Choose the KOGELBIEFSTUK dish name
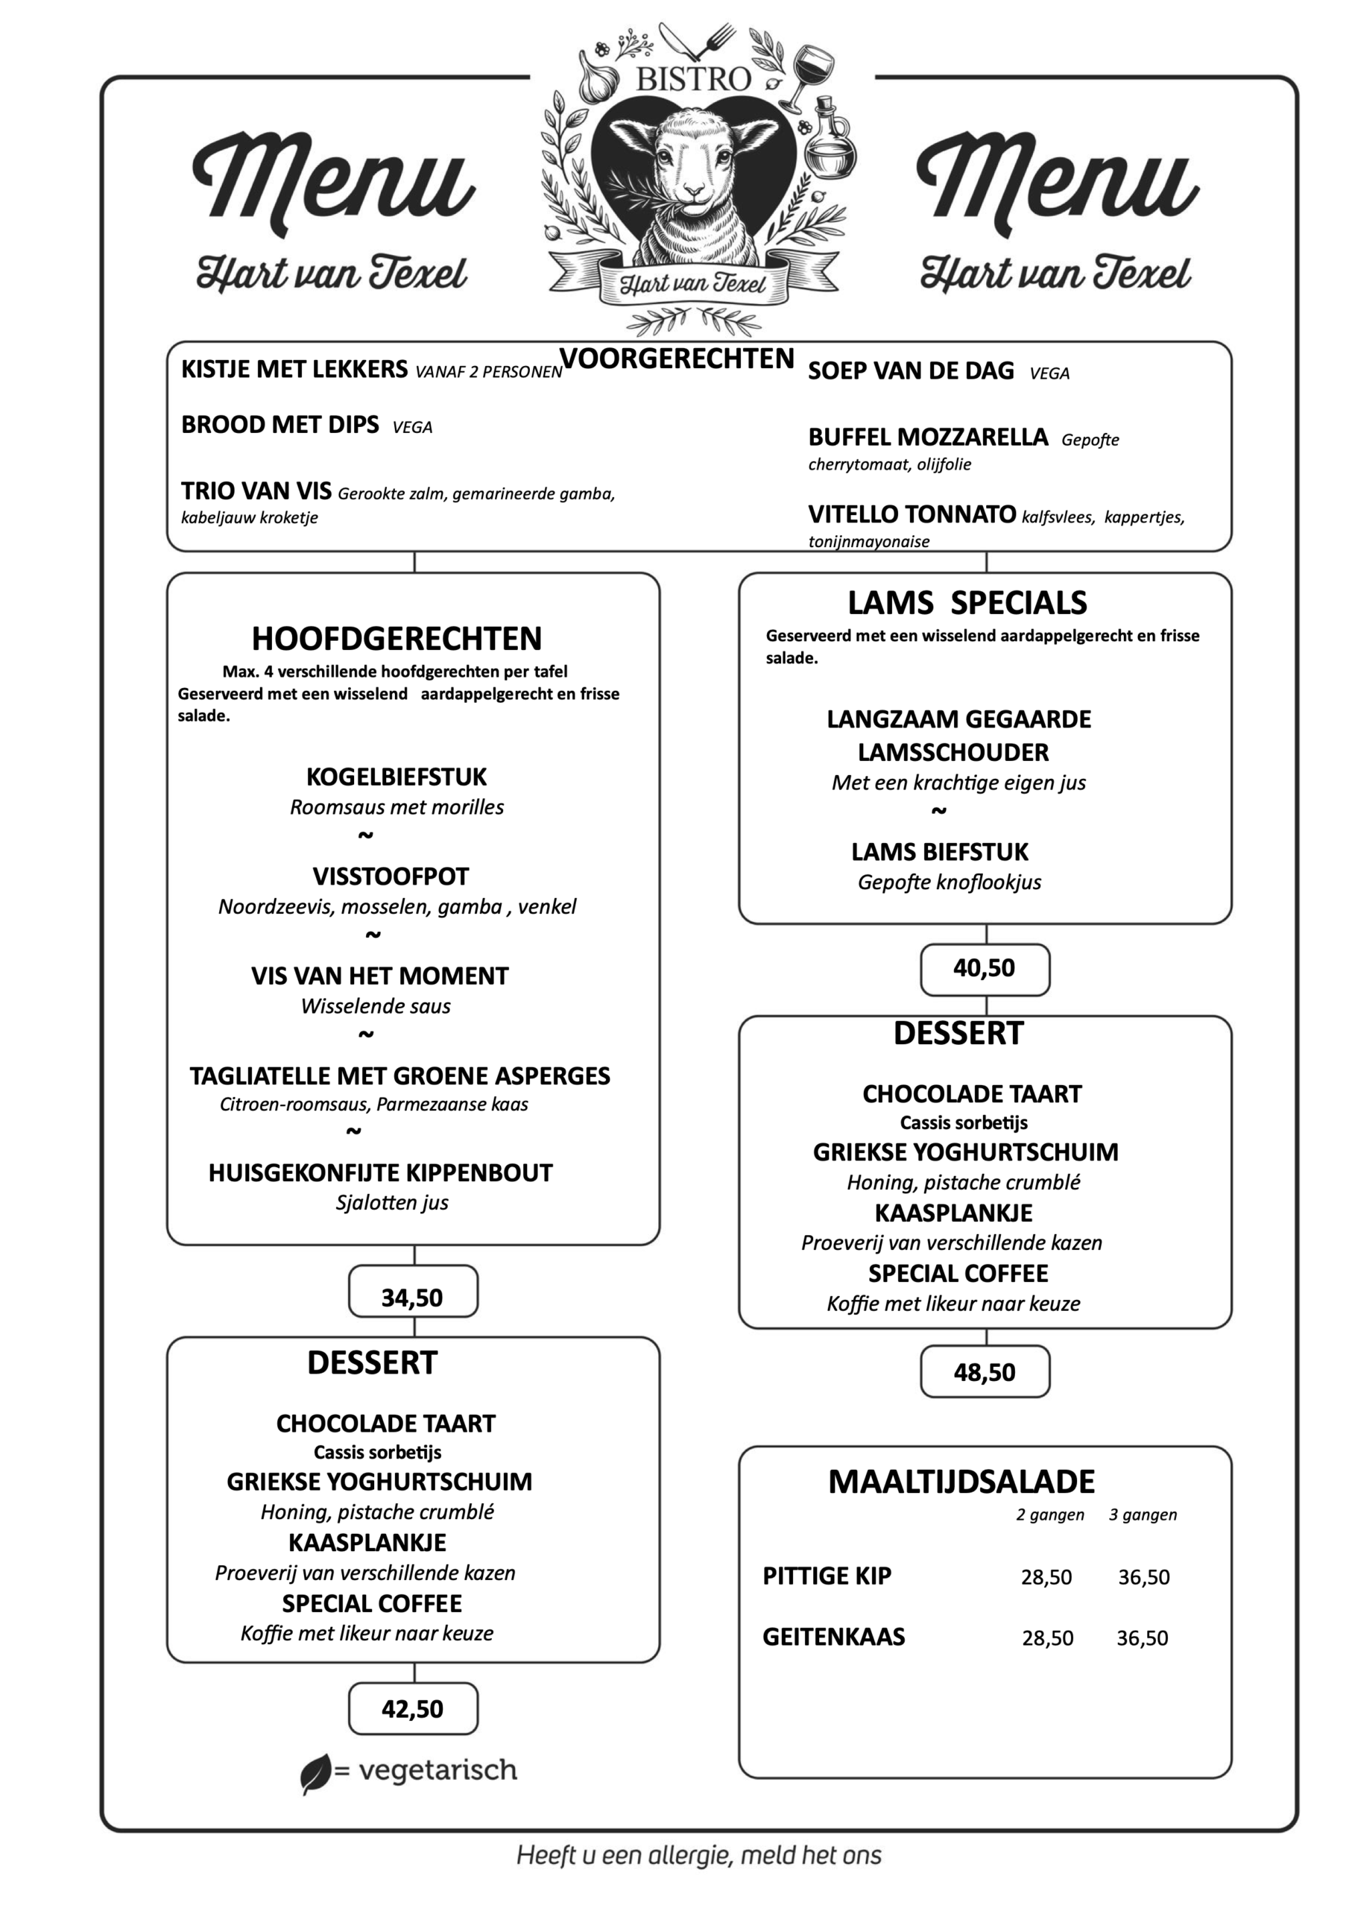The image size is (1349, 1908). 397,777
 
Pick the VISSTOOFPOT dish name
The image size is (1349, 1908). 391,876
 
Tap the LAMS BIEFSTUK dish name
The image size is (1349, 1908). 939,852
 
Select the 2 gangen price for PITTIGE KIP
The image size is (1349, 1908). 1046,1577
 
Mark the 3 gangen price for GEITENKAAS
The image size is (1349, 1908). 1142,1638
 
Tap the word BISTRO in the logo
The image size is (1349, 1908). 693,80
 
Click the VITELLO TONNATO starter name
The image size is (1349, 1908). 912,514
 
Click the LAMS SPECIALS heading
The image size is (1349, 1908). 967,602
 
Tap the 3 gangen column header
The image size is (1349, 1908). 1142,1515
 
